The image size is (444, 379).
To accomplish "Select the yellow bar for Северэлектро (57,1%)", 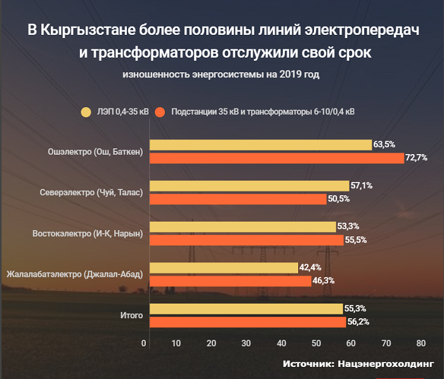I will click(249, 186).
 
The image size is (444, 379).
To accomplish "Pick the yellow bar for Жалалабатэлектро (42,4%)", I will click(223, 267).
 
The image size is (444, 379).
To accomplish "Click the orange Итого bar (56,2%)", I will click(247, 322).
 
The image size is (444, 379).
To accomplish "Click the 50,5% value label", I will click(338, 199).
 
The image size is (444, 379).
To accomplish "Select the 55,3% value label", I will click(355, 309).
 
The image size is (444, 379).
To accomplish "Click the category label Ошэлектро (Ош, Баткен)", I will click(95, 151).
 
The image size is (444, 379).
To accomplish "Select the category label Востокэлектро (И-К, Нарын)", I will click(88, 233).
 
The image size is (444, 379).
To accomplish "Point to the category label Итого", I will click(131, 315).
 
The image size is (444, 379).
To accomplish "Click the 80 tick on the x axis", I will click(420, 343).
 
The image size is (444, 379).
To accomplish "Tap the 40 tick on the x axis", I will click(282, 343).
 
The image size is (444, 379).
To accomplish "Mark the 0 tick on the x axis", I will click(145, 343).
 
